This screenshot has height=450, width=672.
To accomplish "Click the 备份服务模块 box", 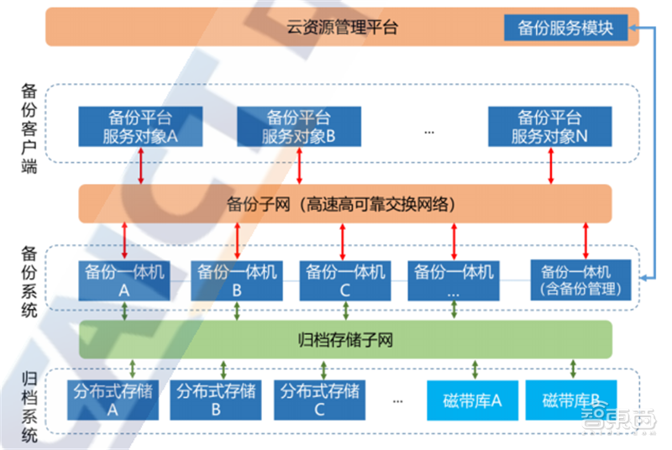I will (565, 28).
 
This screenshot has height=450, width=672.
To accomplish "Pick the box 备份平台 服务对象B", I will (299, 126).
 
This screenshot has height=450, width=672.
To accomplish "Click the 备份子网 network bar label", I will (344, 203).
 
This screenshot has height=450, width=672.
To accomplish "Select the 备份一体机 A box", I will (125, 280).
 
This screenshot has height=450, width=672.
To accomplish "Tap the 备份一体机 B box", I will (237, 280).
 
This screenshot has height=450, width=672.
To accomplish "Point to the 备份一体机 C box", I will (346, 280).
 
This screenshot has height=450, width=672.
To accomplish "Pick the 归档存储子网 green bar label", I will (345, 340).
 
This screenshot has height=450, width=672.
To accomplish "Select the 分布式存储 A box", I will (112, 400).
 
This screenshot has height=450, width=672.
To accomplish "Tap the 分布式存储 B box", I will (216, 400).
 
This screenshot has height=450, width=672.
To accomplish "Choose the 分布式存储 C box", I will (320, 400).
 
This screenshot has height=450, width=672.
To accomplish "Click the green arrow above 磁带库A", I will (475, 369).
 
